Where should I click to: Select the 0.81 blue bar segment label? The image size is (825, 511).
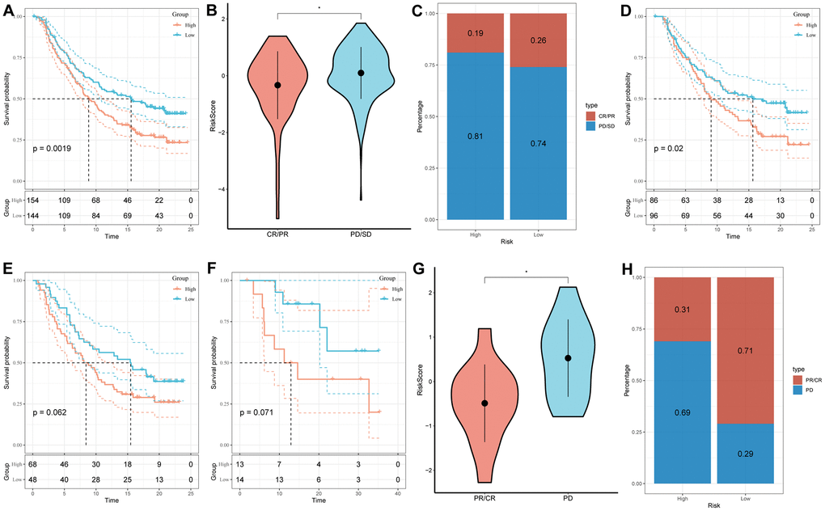476,136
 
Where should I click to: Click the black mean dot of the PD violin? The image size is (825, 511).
568,357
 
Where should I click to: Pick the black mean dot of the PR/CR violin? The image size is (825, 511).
484,403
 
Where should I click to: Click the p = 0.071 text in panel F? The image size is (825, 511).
263,413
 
